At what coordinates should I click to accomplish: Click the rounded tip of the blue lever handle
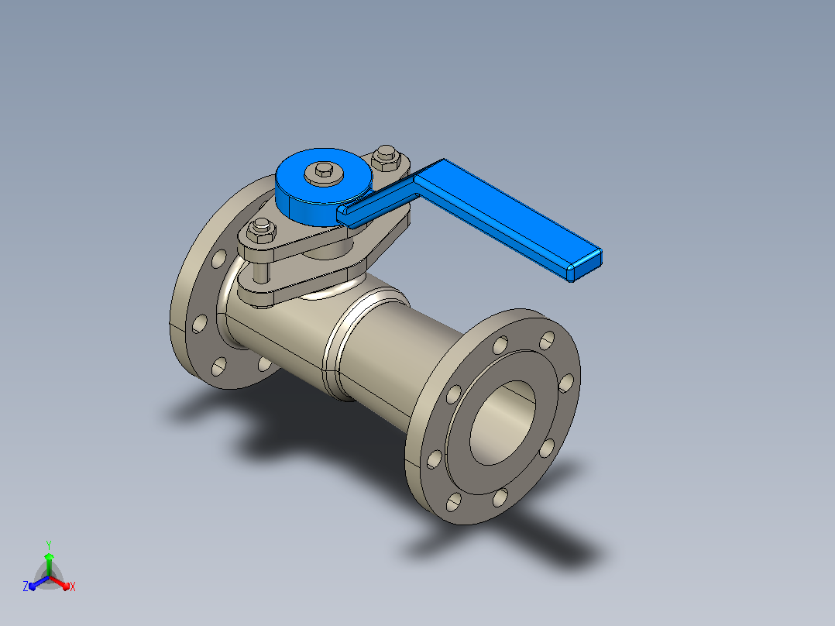click(x=585, y=265)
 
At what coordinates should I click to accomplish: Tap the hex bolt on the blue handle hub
click(x=324, y=171)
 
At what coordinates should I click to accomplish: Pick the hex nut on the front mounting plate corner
click(x=261, y=229)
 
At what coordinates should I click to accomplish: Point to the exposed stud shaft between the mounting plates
click(x=261, y=273)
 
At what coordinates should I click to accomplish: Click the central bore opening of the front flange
click(x=503, y=422)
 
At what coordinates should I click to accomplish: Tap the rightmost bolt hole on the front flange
click(x=567, y=383)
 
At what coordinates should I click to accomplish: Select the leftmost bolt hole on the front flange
click(x=435, y=459)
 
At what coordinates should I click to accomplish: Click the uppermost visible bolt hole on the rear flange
click(x=219, y=259)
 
